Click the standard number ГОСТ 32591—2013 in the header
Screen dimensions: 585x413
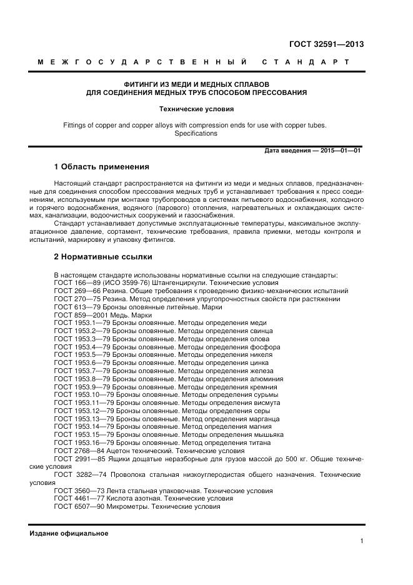[x=326, y=44]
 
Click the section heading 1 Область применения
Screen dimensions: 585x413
[x=101, y=167]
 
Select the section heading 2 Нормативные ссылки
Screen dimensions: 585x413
[x=102, y=256]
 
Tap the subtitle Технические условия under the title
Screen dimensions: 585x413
[x=196, y=109]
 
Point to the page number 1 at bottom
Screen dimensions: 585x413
[x=362, y=541]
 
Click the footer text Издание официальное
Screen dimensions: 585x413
[x=69, y=533]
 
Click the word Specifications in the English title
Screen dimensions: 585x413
[x=196, y=133]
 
